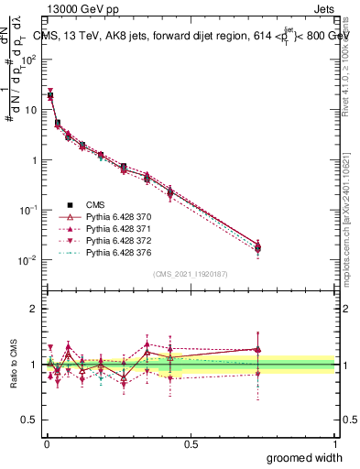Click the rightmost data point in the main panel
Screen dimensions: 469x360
pyautogui.click(x=258, y=247)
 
